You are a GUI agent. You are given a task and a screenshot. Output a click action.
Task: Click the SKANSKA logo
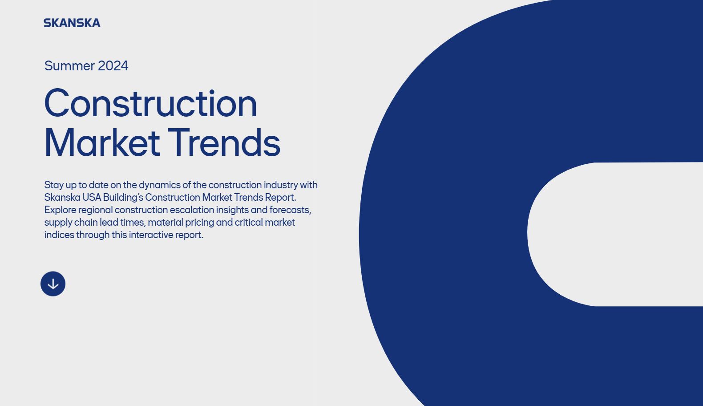[72, 23]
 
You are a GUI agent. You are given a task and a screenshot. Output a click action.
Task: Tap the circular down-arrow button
[53, 284]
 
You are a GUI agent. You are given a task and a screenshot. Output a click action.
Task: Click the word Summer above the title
[69, 66]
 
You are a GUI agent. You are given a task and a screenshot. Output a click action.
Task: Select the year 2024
[113, 66]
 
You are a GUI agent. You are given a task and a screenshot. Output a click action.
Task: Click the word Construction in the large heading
[151, 103]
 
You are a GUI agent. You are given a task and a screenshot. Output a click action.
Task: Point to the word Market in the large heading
[102, 142]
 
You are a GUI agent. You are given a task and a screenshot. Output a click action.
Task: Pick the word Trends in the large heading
[224, 142]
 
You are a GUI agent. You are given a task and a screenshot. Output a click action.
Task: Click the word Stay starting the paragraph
[54, 185]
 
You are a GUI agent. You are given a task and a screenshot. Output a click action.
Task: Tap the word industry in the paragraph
[281, 185]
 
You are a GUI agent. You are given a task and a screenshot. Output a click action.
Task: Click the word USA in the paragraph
[92, 198]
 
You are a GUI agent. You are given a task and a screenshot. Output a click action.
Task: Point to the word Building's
[123, 198]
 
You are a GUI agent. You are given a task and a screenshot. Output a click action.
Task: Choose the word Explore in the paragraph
[60, 210]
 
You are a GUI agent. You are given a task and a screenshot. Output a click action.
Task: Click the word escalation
[192, 210]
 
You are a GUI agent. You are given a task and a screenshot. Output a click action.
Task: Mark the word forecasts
[290, 210]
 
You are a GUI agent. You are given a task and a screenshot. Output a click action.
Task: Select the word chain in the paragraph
[86, 222]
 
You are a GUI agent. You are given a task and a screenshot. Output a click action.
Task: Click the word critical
[249, 222]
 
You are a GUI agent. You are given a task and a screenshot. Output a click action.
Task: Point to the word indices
[59, 235]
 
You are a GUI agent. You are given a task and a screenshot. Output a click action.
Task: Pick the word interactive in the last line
[151, 235]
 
